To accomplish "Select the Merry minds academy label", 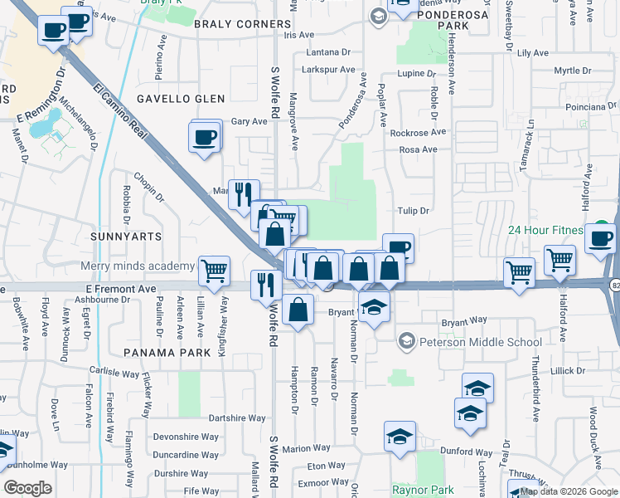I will tap(137, 266).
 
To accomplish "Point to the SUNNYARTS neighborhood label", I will tap(126, 237).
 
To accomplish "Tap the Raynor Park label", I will tap(420, 490).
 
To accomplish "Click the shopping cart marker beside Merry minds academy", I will tap(215, 269).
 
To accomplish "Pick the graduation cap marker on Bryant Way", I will tap(374, 306).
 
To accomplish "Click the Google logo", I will tap(28, 488).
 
